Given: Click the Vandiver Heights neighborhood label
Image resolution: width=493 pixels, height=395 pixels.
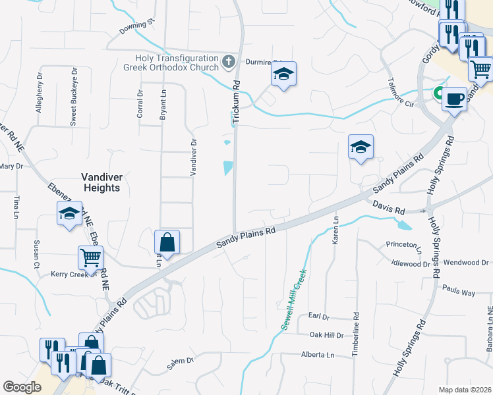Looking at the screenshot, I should coord(101,182).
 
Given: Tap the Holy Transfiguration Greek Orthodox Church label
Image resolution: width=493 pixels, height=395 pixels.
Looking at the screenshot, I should coord(171,63).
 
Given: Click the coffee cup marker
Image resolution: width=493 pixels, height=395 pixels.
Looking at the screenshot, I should coord(453,99).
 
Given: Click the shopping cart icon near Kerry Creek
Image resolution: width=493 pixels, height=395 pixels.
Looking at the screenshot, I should coord(90,258).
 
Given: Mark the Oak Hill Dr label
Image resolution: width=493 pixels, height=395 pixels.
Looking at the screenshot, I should coord(327,335).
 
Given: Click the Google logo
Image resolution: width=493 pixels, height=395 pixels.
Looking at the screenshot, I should coord(22,387).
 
